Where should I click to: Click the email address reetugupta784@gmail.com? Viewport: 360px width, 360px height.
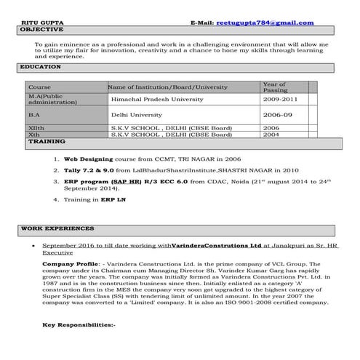tap(265, 23)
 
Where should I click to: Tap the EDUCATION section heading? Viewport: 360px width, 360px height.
tap(40, 67)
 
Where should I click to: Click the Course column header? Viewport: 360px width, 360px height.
tap(39, 87)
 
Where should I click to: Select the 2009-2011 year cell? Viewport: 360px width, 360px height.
tap(281, 98)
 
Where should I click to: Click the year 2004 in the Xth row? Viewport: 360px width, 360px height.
tap(271, 135)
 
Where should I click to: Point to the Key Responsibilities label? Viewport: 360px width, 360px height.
tap(79, 324)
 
